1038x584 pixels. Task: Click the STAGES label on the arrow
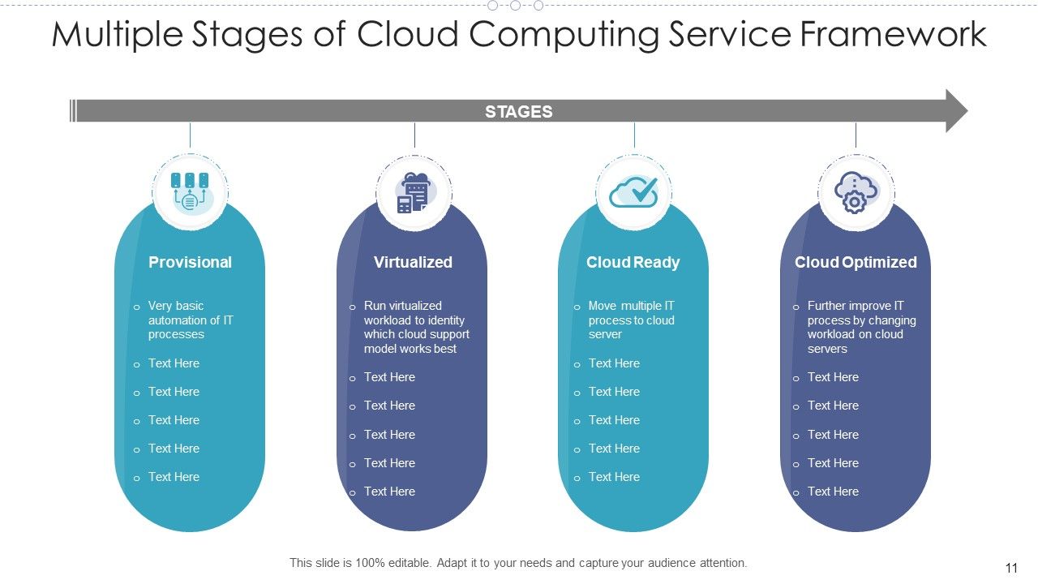(518, 112)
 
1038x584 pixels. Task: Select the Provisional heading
(190, 262)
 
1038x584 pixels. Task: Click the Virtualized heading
(413, 262)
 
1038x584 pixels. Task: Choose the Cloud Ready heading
(633, 262)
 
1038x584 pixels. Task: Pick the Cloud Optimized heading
(856, 262)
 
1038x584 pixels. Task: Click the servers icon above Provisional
(190, 191)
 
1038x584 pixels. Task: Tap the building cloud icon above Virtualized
(414, 192)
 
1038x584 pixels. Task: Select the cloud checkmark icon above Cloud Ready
(633, 191)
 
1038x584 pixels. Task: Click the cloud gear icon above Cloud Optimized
(856, 192)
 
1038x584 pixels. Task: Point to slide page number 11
(1010, 569)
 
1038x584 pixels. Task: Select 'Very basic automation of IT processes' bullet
(190, 320)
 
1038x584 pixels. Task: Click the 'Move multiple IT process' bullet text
(631, 320)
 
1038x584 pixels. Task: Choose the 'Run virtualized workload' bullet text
(416, 327)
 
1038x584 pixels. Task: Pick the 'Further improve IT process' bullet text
(861, 327)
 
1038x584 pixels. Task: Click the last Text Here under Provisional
(174, 477)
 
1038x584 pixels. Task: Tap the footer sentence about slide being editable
(518, 562)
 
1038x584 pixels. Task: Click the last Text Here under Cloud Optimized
(833, 492)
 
